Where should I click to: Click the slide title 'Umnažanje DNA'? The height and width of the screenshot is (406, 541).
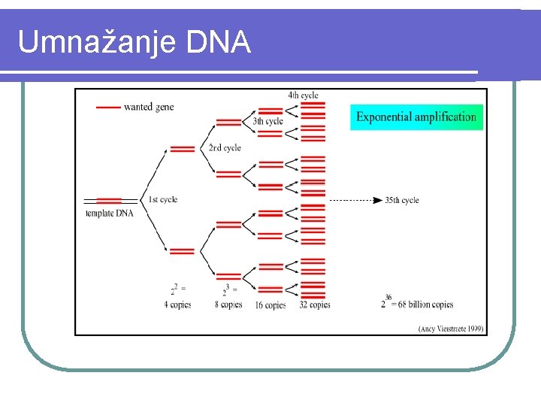tap(134, 42)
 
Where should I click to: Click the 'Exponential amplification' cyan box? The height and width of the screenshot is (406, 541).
tap(416, 117)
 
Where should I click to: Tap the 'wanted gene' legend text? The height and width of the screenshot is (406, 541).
tap(149, 107)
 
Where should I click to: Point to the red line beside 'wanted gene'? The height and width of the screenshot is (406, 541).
tap(109, 108)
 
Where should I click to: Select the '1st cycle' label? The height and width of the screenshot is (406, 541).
tap(163, 199)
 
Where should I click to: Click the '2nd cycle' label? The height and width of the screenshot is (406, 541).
tap(225, 148)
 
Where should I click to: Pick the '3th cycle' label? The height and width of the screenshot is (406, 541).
tap(267, 121)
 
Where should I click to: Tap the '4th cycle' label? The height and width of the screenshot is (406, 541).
tap(303, 95)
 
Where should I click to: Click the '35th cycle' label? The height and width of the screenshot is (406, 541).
tap(402, 200)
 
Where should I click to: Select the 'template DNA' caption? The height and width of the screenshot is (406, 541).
tap(109, 213)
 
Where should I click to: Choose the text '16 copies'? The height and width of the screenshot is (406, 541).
tap(270, 305)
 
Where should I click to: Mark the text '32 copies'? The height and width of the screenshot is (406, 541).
tap(315, 304)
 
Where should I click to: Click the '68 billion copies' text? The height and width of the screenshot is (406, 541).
tap(426, 304)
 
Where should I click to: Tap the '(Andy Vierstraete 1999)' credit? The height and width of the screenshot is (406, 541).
tap(451, 329)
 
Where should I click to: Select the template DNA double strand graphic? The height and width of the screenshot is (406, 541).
tap(110, 201)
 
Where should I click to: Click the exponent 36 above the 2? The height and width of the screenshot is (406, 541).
tap(388, 297)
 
